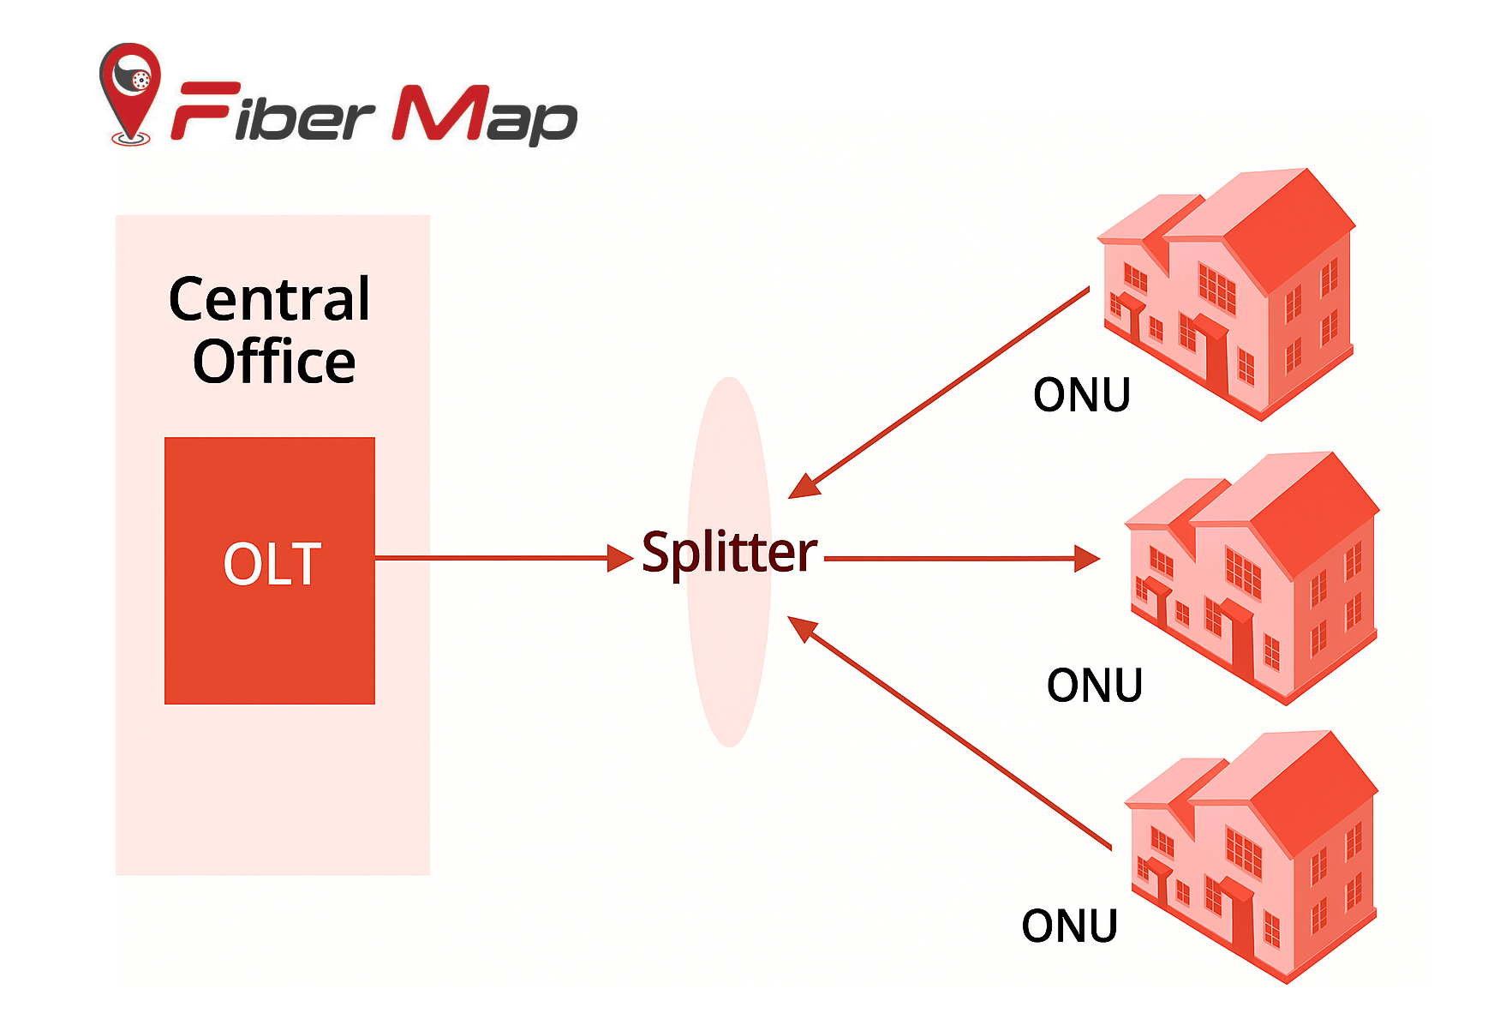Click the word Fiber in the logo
[x=272, y=114]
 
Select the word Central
[x=270, y=300]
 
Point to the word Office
[x=274, y=362]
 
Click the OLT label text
[x=272, y=564]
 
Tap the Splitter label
[x=729, y=553]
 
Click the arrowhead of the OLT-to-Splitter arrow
[x=620, y=558]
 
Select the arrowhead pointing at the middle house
[x=1087, y=559]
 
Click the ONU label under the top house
[x=1081, y=395]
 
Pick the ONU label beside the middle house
[x=1094, y=686]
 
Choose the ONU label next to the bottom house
[x=1069, y=926]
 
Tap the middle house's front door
[x=1240, y=643]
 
